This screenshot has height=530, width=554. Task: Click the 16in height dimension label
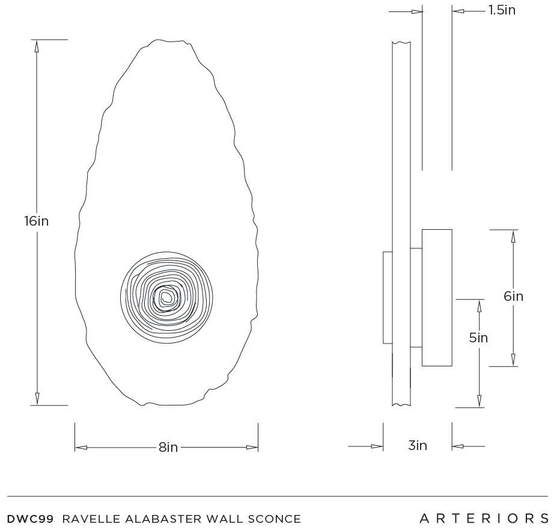point(37,221)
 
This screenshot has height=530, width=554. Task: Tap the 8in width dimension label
point(168,447)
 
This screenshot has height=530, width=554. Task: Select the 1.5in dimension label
point(502,10)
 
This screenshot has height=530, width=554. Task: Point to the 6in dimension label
point(513,296)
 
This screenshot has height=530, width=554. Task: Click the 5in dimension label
point(478,338)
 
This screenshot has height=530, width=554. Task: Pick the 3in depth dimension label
point(418,445)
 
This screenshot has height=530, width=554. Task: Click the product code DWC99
point(31,519)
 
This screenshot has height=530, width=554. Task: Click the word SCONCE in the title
point(275,519)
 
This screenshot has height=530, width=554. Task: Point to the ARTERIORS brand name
point(484,519)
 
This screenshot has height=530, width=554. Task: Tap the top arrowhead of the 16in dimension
point(37,46)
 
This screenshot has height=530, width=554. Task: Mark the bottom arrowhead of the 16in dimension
point(37,399)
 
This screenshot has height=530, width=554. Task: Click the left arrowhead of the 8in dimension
point(81,448)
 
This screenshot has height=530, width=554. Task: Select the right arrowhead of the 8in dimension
point(252,448)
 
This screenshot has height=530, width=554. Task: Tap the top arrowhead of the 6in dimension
point(513,236)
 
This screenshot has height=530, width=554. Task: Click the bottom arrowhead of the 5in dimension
point(479,401)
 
